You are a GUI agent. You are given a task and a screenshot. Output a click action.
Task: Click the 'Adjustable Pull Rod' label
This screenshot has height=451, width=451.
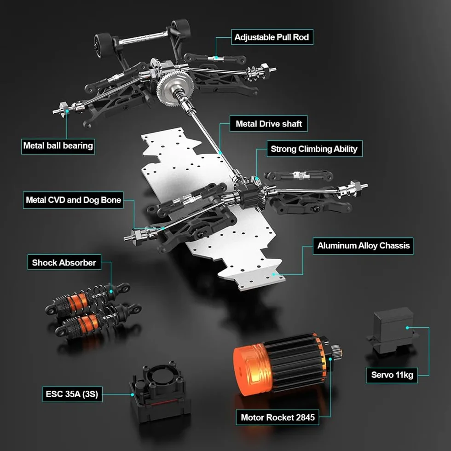[x=272, y=37]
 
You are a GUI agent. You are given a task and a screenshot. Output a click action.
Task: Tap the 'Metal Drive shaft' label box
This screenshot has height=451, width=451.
[x=269, y=124]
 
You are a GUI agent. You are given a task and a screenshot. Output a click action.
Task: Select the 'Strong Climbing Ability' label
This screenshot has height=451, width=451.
[x=314, y=149]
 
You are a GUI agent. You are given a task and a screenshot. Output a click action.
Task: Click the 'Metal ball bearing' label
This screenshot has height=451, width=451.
[x=58, y=146]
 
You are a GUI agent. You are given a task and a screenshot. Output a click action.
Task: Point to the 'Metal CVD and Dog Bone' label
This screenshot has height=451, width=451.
[x=73, y=200]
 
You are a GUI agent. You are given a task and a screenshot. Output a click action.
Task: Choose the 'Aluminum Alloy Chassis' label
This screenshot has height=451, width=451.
[x=363, y=246]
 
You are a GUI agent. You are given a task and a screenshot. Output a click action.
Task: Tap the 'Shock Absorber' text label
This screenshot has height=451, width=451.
[x=64, y=262]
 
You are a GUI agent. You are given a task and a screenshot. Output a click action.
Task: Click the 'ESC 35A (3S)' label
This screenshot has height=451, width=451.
[x=72, y=394]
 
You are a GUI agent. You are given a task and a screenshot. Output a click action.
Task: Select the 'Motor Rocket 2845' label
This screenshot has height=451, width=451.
[x=278, y=417]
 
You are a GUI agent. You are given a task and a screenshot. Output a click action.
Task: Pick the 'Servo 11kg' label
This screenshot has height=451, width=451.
[x=392, y=375]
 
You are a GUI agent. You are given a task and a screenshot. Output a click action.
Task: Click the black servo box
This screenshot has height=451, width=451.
[x=392, y=331]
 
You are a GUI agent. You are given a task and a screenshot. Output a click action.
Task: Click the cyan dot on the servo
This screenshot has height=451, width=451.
[x=407, y=328]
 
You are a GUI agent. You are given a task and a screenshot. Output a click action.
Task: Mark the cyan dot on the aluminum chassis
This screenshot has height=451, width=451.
[x=273, y=274]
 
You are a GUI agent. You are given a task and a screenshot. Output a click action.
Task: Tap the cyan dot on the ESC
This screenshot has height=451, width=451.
[x=133, y=395]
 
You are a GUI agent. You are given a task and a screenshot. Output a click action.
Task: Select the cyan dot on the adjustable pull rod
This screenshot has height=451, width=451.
[x=216, y=58]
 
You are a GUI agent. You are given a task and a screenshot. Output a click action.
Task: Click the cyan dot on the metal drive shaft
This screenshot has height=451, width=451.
[x=220, y=153]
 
